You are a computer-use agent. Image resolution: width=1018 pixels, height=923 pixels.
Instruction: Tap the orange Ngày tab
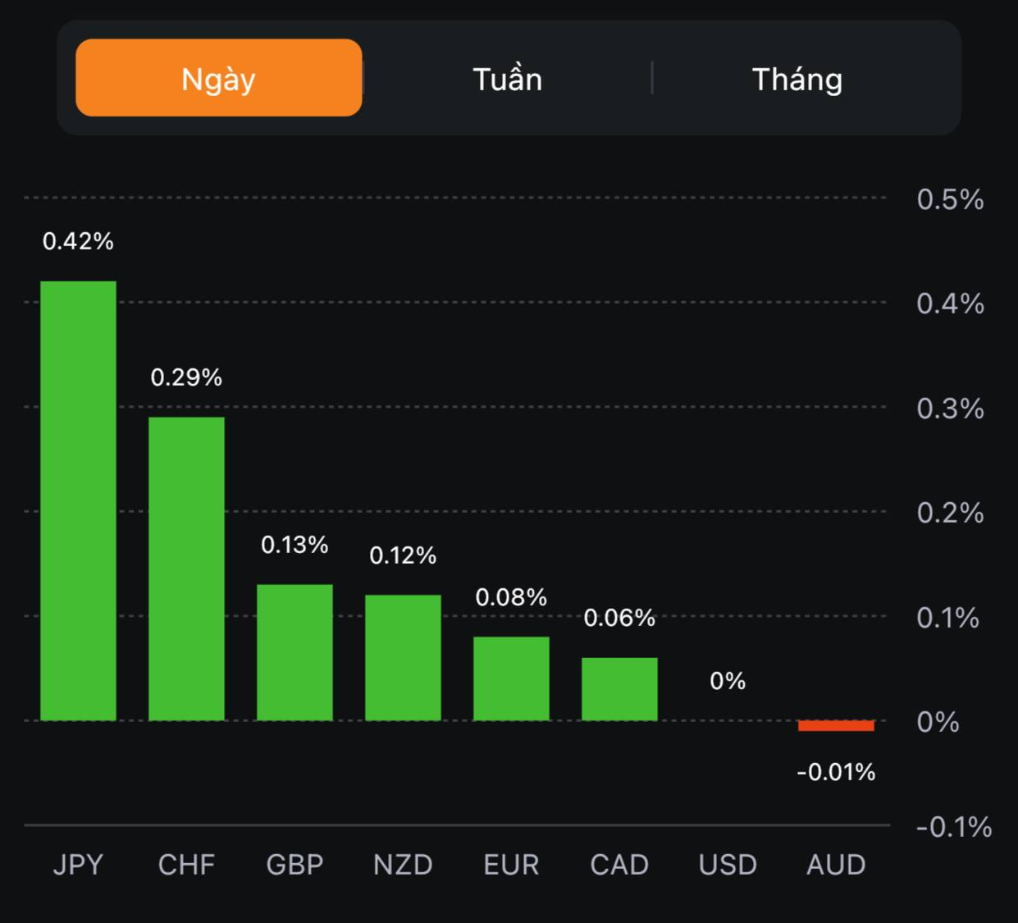click(x=218, y=78)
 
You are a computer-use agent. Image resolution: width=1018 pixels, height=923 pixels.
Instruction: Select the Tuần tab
click(x=507, y=80)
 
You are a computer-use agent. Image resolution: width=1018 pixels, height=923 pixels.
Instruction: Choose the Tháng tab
click(x=797, y=80)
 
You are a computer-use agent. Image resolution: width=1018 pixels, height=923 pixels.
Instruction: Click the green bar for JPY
click(x=78, y=500)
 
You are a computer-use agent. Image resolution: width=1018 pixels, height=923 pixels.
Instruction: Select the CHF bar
click(x=186, y=569)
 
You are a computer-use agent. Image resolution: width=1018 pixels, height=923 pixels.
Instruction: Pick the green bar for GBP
click(x=294, y=652)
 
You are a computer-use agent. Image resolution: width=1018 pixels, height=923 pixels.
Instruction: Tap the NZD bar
click(x=403, y=657)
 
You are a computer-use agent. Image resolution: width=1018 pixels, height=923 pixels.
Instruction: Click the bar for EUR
click(x=511, y=679)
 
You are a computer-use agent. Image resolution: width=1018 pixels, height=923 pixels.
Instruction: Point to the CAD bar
click(x=619, y=689)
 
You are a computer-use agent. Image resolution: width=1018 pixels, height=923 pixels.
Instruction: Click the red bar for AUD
click(x=836, y=725)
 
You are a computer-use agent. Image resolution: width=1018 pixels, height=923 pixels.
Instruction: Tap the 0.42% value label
click(x=78, y=241)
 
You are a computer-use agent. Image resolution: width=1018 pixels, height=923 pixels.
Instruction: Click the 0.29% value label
click(x=186, y=377)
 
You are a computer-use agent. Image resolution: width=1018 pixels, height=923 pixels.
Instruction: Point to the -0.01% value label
click(x=836, y=772)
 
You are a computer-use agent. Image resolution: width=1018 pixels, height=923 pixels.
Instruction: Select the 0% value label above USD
click(x=728, y=681)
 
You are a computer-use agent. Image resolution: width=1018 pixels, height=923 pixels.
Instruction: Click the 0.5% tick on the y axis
click(x=950, y=199)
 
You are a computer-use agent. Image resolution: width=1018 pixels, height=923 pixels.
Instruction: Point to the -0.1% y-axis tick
click(x=953, y=827)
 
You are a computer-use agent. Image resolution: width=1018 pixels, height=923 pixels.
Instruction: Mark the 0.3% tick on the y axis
click(x=950, y=409)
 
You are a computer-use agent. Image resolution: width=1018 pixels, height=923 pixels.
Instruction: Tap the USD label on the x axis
click(x=728, y=865)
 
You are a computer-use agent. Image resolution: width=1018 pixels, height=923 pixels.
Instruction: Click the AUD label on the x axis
click(x=836, y=865)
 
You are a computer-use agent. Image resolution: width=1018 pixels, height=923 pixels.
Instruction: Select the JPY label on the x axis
click(x=78, y=865)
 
